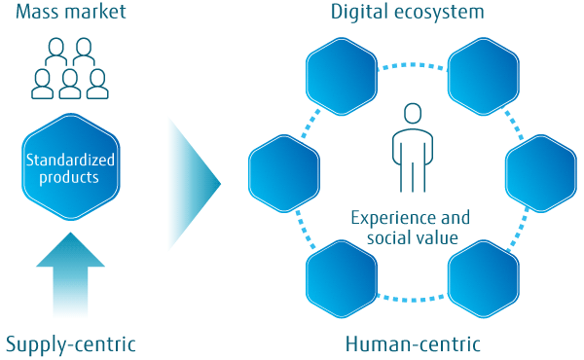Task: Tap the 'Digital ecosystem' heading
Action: (408, 14)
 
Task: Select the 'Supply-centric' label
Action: (70, 343)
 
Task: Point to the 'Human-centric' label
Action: (413, 343)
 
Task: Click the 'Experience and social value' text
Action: (410, 227)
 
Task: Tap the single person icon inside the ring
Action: (411, 146)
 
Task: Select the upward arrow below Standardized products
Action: (69, 277)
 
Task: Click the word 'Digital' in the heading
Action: (362, 14)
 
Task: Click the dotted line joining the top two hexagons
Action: (411, 65)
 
